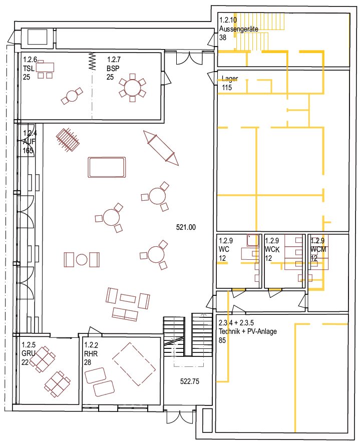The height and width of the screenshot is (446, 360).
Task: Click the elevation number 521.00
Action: tap(186, 227)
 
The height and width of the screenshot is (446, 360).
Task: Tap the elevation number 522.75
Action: tap(190, 381)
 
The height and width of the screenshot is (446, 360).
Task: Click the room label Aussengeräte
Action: tap(238, 29)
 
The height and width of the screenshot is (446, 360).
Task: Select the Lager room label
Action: tap(230, 79)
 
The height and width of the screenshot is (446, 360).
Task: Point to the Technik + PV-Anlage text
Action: tap(247, 331)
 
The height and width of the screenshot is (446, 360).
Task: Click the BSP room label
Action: tap(113, 68)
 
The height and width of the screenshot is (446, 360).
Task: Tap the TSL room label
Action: tap(29, 68)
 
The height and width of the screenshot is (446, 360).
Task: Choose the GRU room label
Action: tap(29, 353)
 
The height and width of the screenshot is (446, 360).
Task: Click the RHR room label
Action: tap(91, 353)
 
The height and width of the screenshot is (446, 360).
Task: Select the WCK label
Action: tap(272, 249)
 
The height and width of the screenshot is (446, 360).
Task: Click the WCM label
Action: tap(318, 249)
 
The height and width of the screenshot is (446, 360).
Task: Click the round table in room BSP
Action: tap(132, 88)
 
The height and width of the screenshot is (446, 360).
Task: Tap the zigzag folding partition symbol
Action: tap(92, 61)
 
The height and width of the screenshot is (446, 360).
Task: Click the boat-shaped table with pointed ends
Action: tap(161, 148)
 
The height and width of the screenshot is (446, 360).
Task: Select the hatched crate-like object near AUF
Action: tap(68, 140)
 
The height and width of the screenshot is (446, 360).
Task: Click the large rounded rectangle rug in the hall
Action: tap(107, 167)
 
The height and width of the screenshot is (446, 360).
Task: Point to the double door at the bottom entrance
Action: tap(180, 416)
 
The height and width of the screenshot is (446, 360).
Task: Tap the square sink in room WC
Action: tap(252, 240)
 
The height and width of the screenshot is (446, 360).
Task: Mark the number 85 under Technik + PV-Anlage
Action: tap(222, 340)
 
